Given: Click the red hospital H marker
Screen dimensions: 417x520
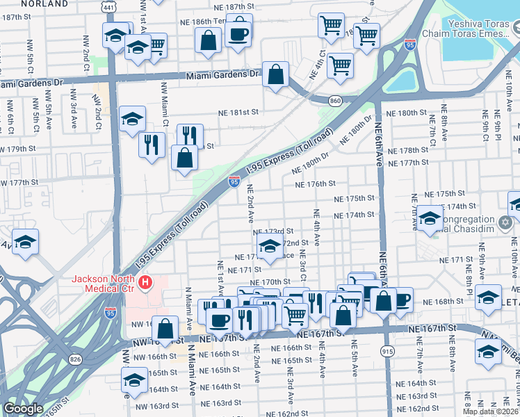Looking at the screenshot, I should click(145, 283).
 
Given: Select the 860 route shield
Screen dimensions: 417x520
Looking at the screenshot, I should click(335, 101).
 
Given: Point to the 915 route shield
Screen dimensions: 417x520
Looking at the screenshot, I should click(387, 352).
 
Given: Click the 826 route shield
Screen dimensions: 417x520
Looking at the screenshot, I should click(74, 359).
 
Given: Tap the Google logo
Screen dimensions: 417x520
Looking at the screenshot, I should click(23, 409).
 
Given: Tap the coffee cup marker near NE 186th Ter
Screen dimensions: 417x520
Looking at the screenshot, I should click(238, 33).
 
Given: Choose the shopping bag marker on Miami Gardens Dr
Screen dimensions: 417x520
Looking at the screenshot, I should click(276, 76).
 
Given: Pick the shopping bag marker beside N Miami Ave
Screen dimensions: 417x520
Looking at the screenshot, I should click(165, 329).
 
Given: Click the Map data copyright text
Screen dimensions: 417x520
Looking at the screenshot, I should click(491, 411).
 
